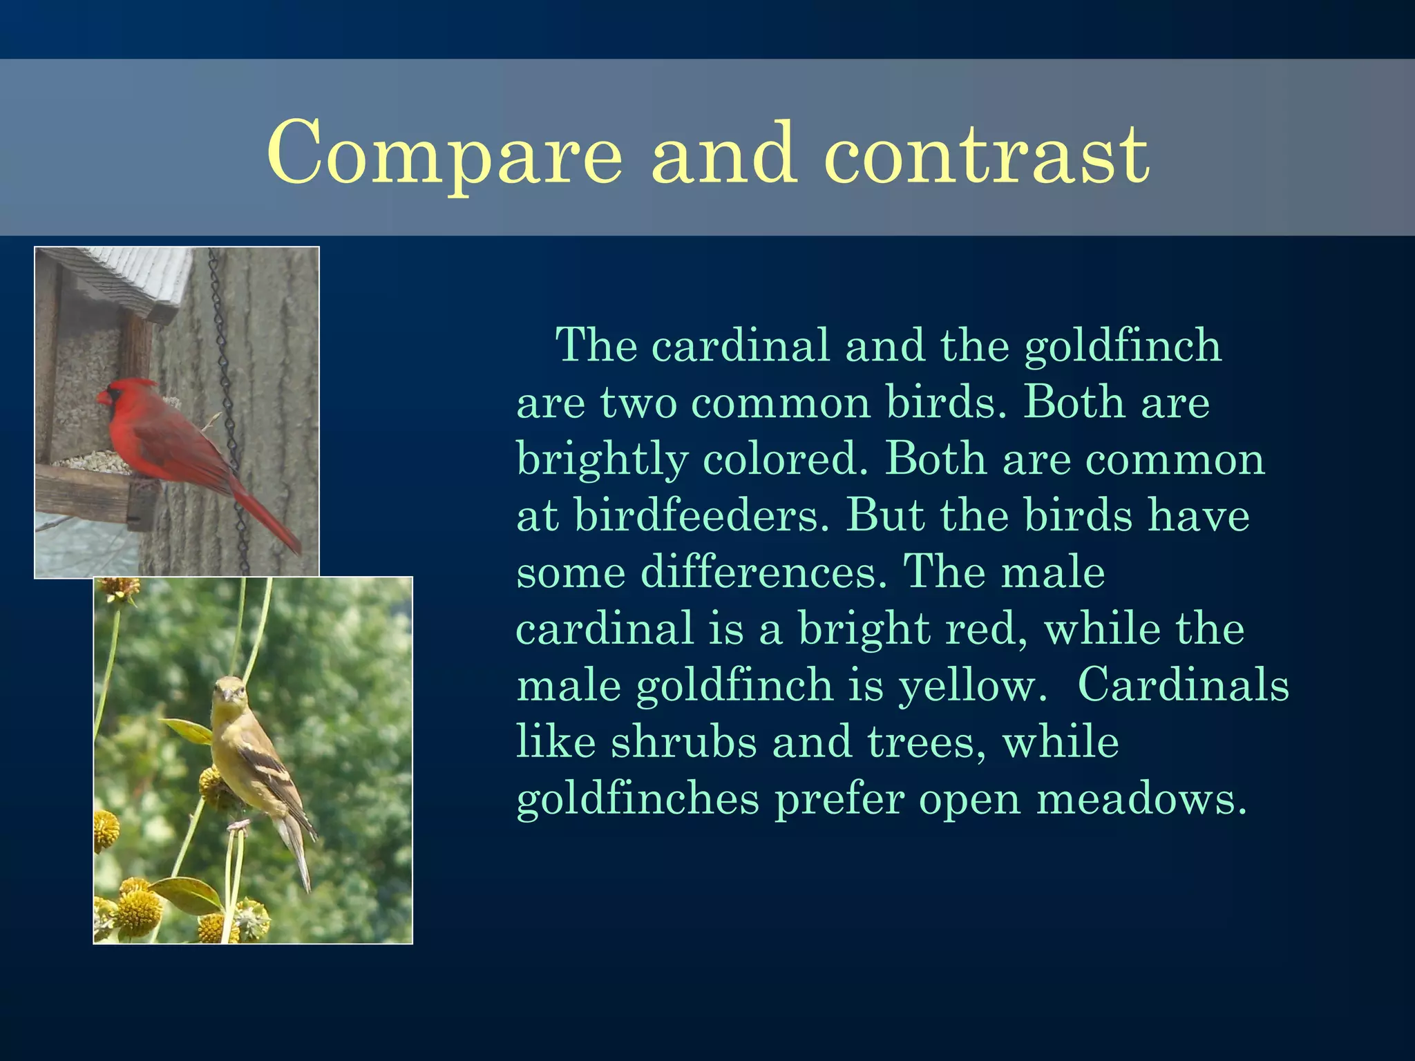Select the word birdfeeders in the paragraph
701,516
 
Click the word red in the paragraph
985,630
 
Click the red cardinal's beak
103,398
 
